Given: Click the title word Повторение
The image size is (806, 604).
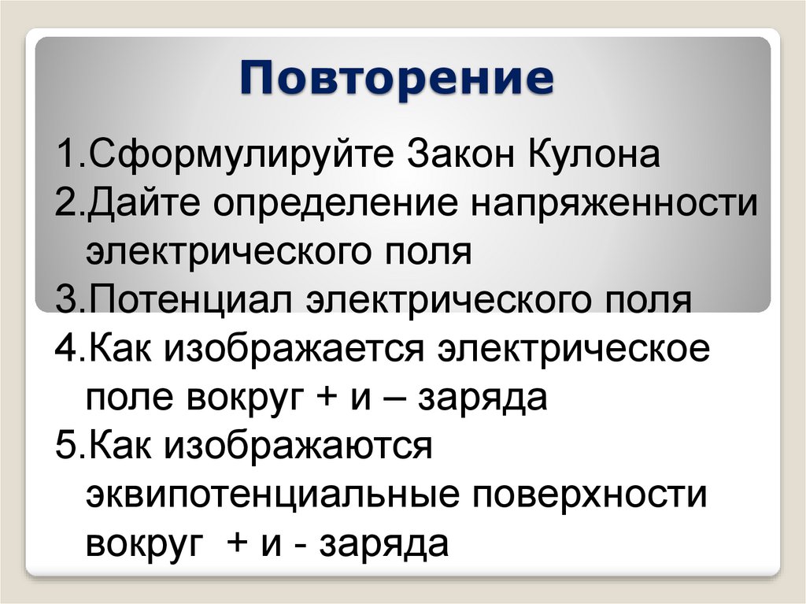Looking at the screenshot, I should pos(397,79).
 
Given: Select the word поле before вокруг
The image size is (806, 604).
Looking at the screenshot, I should pos(131,398).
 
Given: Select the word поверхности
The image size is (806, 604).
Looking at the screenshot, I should pos(605,496).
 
